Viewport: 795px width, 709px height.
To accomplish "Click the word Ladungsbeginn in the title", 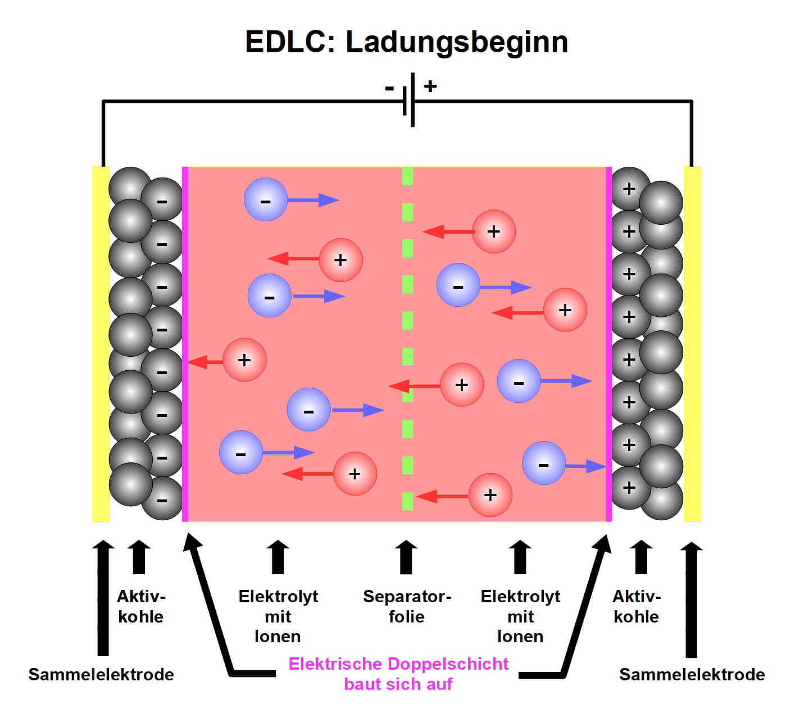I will [456, 43].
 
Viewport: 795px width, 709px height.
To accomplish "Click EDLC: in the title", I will [290, 43].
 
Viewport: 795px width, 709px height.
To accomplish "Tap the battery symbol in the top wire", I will [409, 100].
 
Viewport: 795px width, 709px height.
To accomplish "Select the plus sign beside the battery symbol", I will [430, 86].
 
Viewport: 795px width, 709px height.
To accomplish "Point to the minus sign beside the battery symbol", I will [389, 88].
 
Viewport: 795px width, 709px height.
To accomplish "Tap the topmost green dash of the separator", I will [407, 176].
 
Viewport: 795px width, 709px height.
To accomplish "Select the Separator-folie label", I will [407, 606].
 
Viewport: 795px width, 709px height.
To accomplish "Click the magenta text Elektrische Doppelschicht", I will [398, 664].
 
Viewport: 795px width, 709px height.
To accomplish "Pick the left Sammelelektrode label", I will [101, 674].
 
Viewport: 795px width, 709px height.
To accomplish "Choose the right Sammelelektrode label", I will [692, 674].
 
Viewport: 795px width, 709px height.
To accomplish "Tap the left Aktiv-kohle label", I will [140, 606].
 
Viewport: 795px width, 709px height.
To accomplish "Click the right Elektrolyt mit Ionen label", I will [520, 616].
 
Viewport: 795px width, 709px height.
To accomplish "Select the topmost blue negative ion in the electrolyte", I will [266, 199].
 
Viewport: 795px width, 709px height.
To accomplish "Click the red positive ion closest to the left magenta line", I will [244, 360].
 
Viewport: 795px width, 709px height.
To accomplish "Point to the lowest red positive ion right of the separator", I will [490, 495].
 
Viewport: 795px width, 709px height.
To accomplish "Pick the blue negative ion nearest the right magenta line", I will [543, 463].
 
